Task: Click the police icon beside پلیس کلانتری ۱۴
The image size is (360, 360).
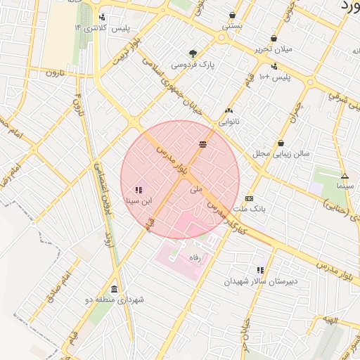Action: (103, 17)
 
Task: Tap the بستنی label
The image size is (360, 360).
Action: (233, 25)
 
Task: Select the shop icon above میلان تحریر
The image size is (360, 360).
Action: (274, 39)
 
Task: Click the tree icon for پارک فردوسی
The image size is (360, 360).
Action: (193, 53)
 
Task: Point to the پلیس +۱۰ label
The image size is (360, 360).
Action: (274, 76)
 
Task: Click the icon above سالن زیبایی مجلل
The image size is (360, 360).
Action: (281, 143)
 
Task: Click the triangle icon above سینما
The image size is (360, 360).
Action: (345, 176)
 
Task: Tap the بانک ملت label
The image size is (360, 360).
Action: (249, 210)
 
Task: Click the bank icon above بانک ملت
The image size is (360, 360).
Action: (249, 199)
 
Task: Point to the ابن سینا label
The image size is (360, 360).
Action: (138, 200)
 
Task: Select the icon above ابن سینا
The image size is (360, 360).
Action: (138, 190)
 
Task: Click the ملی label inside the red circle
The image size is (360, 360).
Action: (196, 189)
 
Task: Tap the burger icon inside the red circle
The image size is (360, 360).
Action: (202, 144)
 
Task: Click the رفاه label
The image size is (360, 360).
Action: (195, 257)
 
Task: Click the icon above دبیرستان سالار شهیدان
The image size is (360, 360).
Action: (261, 270)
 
